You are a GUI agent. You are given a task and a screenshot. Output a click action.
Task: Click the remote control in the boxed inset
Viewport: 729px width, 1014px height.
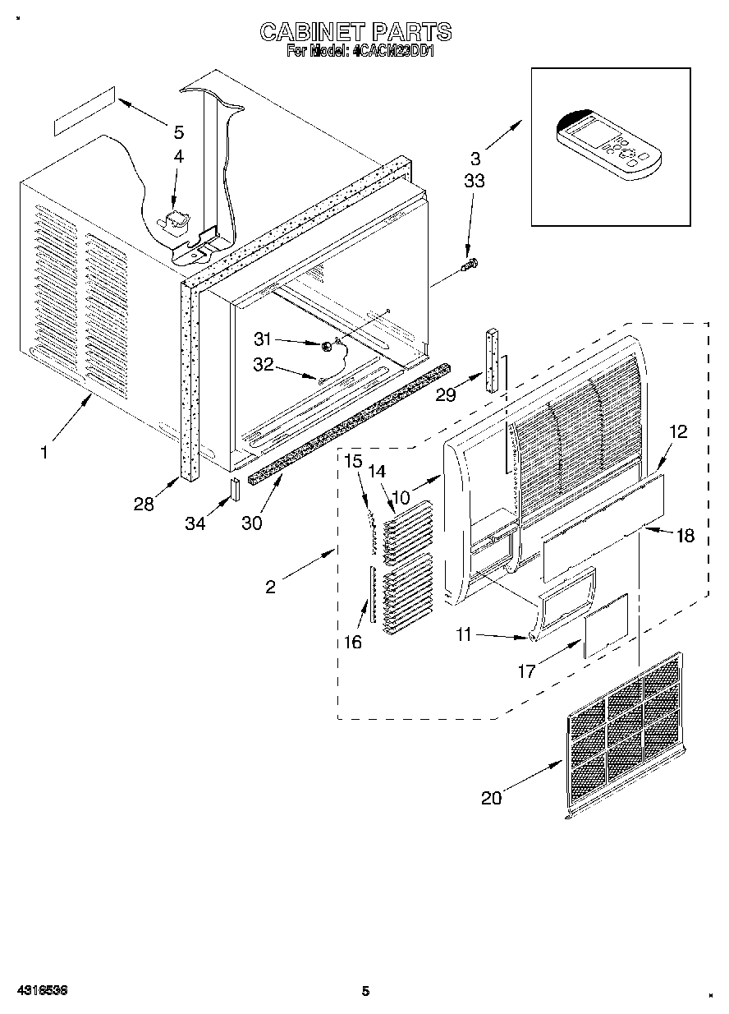608,145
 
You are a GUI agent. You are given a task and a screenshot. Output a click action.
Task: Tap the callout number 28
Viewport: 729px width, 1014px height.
144,505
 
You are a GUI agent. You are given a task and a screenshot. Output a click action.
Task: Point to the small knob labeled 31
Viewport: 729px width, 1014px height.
327,346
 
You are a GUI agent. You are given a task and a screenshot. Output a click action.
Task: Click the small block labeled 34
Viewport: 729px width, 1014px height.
234,488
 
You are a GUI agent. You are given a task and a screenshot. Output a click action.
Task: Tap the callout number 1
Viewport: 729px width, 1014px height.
44,451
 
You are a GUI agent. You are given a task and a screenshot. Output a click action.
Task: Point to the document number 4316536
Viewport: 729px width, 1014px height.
39,991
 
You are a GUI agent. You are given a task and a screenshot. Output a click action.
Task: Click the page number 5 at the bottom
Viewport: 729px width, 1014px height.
365,991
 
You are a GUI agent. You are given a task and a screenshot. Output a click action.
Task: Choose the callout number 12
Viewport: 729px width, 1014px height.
678,431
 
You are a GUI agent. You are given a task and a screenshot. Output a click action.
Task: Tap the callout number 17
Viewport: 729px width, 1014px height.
526,671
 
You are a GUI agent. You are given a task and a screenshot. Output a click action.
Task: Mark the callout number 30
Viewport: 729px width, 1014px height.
252,523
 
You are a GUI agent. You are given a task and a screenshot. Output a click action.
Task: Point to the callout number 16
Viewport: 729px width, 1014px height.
353,642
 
